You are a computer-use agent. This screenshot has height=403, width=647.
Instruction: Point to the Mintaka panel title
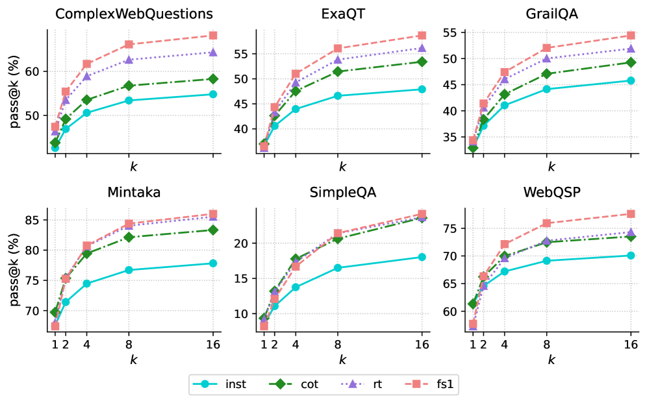click(134, 193)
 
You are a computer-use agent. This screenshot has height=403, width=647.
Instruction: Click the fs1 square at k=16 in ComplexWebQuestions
click(213, 35)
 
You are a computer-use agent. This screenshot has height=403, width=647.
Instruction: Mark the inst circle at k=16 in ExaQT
click(422, 89)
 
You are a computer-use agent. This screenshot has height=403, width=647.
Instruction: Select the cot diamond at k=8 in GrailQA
click(546, 73)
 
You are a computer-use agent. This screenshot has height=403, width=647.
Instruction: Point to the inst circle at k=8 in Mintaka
click(129, 270)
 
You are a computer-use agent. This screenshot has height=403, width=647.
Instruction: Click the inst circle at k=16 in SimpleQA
click(422, 257)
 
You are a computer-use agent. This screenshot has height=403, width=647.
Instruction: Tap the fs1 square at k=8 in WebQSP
click(546, 223)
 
